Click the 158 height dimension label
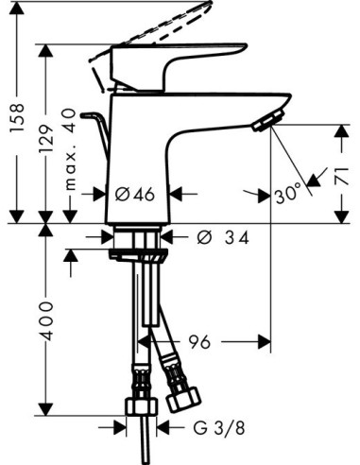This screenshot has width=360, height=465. (x=17, y=117)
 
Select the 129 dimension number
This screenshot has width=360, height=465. (x=46, y=139)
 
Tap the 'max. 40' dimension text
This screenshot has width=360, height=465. (x=70, y=149)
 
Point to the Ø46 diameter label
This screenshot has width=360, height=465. (x=135, y=194)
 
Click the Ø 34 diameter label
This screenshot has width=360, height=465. (x=223, y=237)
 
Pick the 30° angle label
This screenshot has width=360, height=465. (x=288, y=196)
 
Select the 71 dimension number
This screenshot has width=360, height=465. (x=342, y=177)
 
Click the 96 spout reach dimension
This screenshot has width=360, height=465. (x=199, y=341)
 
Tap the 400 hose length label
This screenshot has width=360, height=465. (x=46, y=321)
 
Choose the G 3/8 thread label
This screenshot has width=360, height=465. (x=218, y=428)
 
